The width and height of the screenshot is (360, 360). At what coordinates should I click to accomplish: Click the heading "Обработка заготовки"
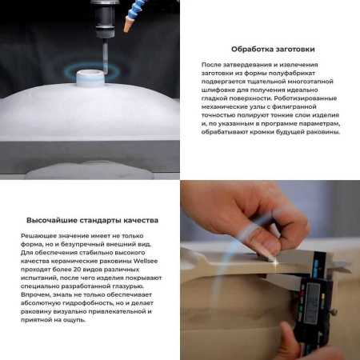[270, 48]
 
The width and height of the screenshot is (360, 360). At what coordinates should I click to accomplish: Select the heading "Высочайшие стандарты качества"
[93, 219]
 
